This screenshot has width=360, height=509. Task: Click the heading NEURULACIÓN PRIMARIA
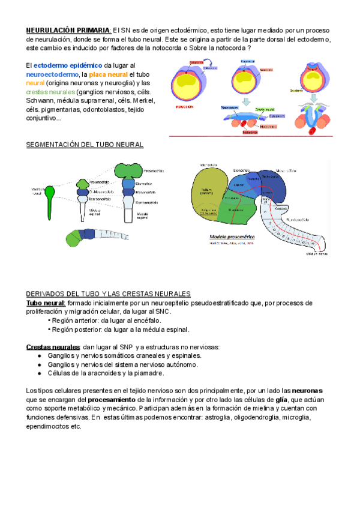(x=68, y=30)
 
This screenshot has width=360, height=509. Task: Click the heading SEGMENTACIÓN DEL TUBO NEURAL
(x=85, y=145)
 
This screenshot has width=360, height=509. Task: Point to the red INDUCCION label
(x=184, y=106)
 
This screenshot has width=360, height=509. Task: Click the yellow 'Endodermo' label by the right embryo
(x=298, y=91)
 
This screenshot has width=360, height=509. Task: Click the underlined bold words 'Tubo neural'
(x=45, y=303)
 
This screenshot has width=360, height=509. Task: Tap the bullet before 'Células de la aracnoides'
(x=39, y=373)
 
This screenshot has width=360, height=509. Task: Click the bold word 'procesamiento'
(x=112, y=399)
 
